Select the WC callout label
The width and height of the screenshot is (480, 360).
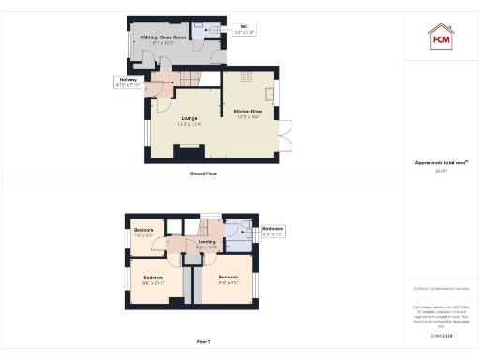click(x=245, y=29)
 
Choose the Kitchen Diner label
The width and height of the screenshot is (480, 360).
click(x=248, y=114)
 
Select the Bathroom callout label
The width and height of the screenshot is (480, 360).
click(x=273, y=231)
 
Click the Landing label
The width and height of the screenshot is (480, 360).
click(x=207, y=245)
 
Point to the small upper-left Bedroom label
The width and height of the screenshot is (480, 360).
click(x=143, y=232)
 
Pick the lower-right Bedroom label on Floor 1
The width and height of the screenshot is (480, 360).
click(x=230, y=279)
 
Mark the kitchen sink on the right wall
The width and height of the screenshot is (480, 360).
click(x=275, y=94)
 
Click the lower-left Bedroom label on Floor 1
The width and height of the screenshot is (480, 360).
click(x=154, y=279)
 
